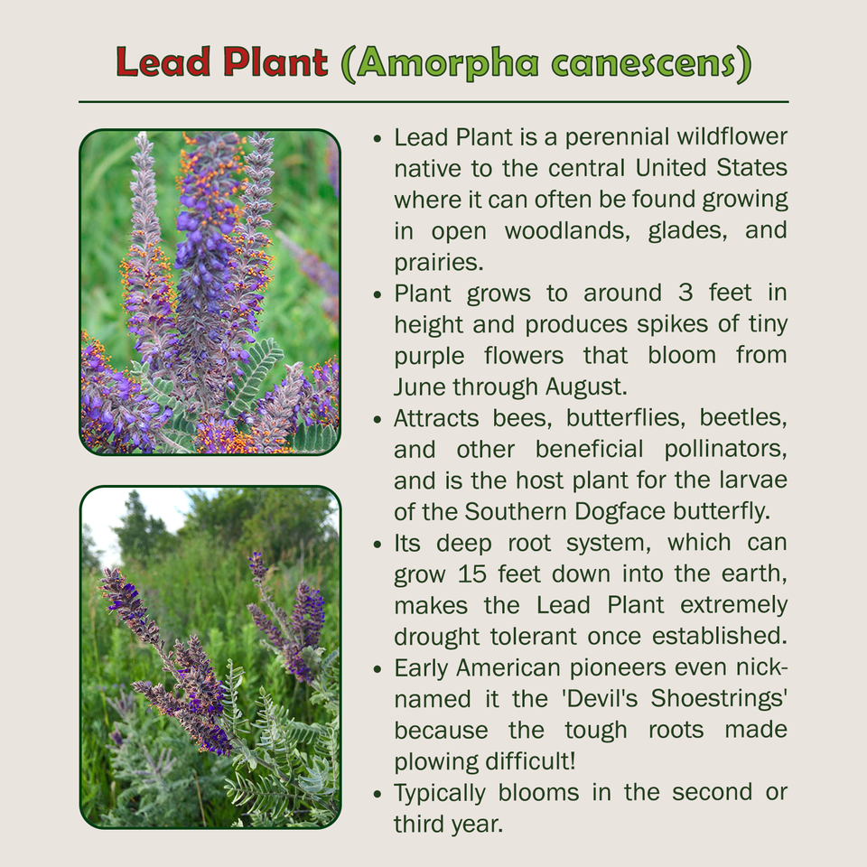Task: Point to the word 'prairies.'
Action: (x=435, y=261)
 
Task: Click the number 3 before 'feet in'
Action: (x=684, y=293)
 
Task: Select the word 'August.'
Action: (x=585, y=386)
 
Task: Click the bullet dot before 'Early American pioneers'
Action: (x=378, y=669)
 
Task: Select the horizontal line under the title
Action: (x=433, y=102)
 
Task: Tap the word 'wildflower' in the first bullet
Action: (x=732, y=137)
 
